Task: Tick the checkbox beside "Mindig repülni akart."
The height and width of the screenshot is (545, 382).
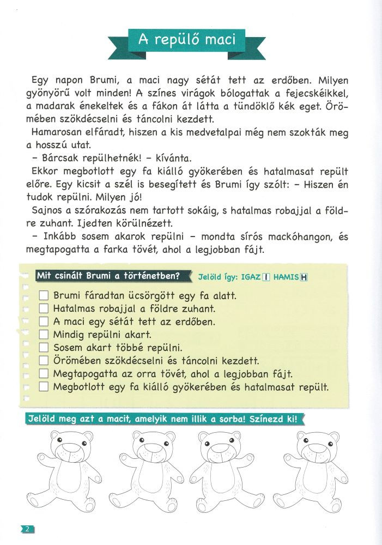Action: coord(45,335)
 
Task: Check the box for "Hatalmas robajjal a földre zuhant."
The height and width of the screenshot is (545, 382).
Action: coord(45,308)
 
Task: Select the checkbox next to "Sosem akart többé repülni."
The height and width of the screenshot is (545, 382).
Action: coord(45,348)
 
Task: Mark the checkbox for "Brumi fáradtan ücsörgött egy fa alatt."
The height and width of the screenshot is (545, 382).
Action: coord(45,295)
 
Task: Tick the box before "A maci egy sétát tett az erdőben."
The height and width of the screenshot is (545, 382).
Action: coord(45,322)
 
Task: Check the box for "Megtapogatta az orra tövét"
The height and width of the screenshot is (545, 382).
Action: coord(45,374)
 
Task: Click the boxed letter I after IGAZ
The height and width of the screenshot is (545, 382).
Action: coord(266,277)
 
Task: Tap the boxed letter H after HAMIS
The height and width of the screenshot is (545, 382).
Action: coord(304,277)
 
